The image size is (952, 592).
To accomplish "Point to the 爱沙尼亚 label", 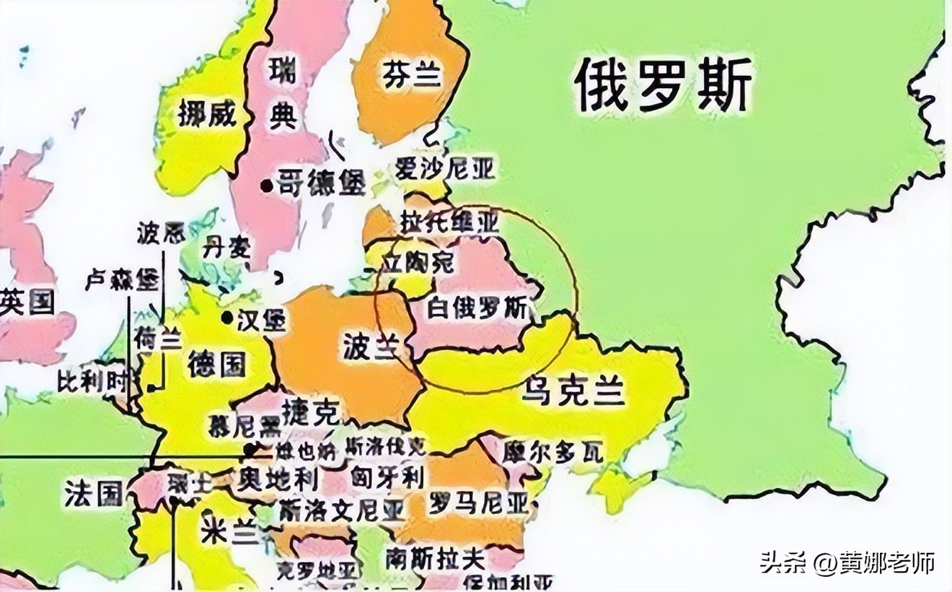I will (446, 170).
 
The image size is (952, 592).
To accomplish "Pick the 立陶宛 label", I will (419, 262).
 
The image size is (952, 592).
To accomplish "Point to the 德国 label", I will (216, 364).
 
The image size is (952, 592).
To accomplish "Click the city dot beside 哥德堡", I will (267, 186).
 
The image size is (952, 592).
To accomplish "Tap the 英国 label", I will (27, 302).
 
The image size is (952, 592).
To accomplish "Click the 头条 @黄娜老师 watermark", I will (847, 562).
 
